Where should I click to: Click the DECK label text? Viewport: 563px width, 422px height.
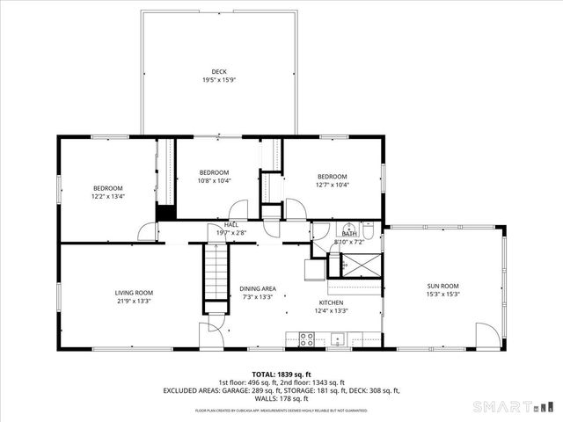click(x=218, y=71)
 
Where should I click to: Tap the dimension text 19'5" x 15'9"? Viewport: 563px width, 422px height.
click(x=218, y=80)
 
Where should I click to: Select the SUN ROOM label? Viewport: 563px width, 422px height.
click(x=442, y=286)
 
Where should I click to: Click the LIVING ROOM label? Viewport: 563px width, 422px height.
click(x=134, y=293)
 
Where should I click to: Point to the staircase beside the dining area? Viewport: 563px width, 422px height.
click(x=216, y=272)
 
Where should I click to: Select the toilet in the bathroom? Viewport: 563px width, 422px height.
click(x=370, y=231)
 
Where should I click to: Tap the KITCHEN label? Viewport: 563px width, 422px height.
click(x=331, y=302)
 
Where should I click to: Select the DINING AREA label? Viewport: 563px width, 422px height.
click(x=258, y=288)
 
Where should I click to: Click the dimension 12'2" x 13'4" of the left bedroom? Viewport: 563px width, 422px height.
click(x=109, y=196)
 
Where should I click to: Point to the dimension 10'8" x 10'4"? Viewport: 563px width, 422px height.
click(x=214, y=181)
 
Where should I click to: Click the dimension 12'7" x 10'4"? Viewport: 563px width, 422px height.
click(x=333, y=185)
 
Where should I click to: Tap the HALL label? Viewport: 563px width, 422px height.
click(x=231, y=225)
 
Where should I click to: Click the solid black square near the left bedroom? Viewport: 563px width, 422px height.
click(x=165, y=212)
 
